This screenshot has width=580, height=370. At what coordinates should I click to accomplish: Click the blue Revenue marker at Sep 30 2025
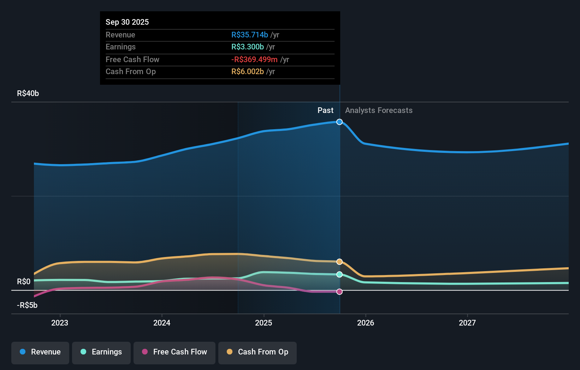click(339, 122)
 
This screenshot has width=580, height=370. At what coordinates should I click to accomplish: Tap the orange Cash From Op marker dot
click(339, 262)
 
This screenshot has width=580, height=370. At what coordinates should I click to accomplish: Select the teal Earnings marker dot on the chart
click(339, 274)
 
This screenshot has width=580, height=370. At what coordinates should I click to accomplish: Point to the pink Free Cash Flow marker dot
click(339, 292)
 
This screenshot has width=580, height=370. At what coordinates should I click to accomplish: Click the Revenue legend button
click(40, 352)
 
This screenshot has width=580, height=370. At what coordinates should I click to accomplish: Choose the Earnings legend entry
click(101, 352)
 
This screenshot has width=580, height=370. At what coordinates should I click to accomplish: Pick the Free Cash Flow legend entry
click(174, 352)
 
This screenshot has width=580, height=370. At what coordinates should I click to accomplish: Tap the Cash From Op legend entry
click(258, 352)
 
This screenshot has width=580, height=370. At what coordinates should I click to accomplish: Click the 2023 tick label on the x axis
click(60, 323)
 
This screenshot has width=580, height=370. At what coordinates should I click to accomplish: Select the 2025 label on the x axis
click(264, 323)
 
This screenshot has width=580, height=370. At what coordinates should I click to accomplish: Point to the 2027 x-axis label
click(467, 323)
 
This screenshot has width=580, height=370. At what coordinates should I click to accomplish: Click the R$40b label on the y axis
click(28, 94)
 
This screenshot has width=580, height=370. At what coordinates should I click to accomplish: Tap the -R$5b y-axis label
click(27, 305)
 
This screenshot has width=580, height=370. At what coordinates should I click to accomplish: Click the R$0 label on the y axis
click(24, 282)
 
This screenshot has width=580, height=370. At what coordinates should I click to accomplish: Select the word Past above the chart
click(325, 111)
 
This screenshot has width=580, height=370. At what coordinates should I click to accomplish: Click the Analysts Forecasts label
click(379, 111)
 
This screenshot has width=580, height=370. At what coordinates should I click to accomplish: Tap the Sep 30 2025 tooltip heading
click(127, 22)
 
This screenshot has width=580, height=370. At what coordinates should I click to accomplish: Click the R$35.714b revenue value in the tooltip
click(249, 35)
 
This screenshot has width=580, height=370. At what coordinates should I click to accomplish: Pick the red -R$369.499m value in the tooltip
click(254, 60)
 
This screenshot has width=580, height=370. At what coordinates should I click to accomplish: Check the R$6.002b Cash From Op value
click(247, 72)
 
